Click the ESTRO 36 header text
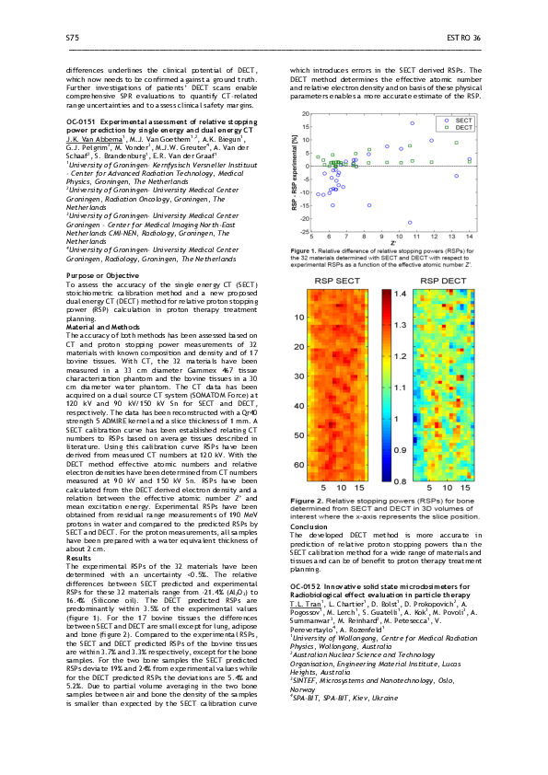[463, 38]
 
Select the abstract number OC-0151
[86, 121]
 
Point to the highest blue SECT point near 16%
[412, 122]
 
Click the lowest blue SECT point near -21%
[410, 222]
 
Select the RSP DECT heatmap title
[438, 279]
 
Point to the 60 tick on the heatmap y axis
[297, 465]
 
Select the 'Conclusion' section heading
[308, 527]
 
